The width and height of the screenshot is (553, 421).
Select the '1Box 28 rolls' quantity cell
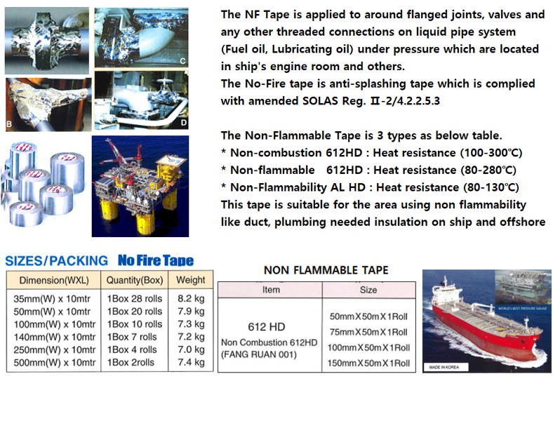(x=135, y=298)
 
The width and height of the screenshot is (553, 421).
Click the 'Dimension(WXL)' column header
(x=53, y=279)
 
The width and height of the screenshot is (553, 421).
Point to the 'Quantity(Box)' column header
(x=135, y=279)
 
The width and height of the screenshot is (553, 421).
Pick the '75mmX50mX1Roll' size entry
(x=368, y=332)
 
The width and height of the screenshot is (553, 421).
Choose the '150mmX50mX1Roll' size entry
(x=368, y=363)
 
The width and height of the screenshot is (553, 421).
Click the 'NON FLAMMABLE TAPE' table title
(x=326, y=270)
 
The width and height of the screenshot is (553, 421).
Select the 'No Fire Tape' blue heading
(x=156, y=260)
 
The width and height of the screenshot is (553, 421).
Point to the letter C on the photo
(x=182, y=62)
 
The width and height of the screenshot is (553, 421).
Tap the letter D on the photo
(x=182, y=123)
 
